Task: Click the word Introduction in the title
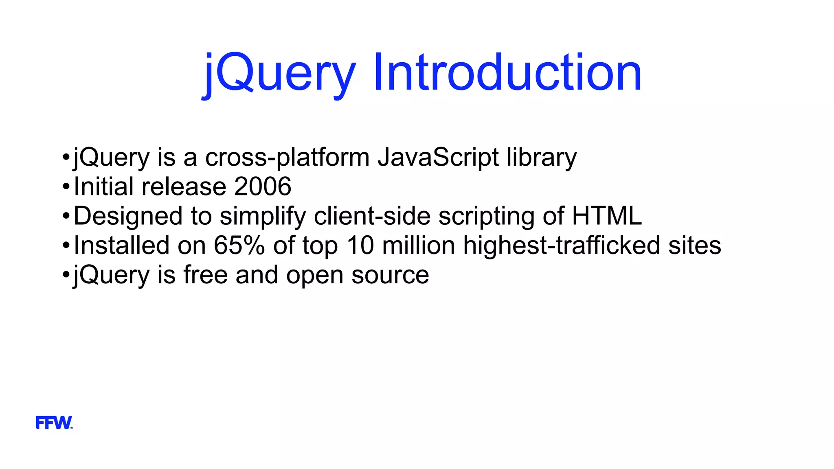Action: click(x=507, y=73)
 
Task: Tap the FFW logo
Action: click(x=54, y=423)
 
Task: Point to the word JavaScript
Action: click(x=438, y=158)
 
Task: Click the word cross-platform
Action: click(x=287, y=158)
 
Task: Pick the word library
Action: click(x=542, y=158)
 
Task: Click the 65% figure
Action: click(x=239, y=245)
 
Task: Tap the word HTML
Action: click(x=607, y=216)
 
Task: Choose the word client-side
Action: click(x=372, y=216)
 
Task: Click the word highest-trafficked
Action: click(x=561, y=245)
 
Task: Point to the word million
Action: click(x=419, y=245)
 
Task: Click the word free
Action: click(x=206, y=275)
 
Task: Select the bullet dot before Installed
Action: click(x=66, y=246)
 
